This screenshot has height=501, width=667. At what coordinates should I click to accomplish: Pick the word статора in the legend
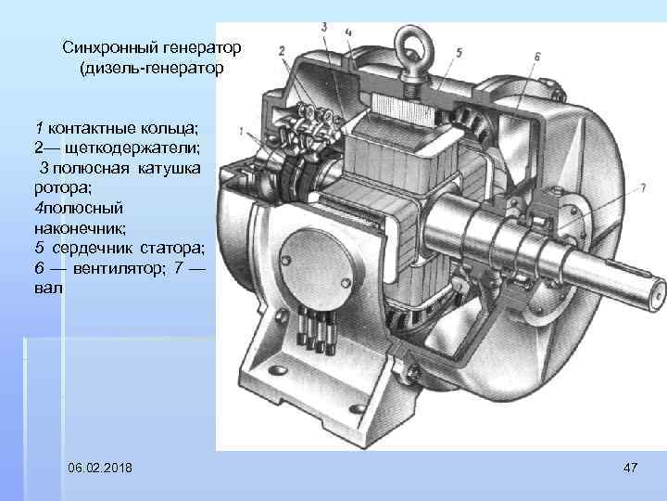click(x=172, y=248)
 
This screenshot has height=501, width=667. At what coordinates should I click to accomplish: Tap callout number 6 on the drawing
click(x=537, y=57)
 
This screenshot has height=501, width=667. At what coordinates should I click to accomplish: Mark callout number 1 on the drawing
click(x=241, y=130)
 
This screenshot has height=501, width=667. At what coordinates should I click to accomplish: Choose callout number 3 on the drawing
click(x=325, y=27)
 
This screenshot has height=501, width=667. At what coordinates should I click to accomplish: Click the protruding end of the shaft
click(x=639, y=289)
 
